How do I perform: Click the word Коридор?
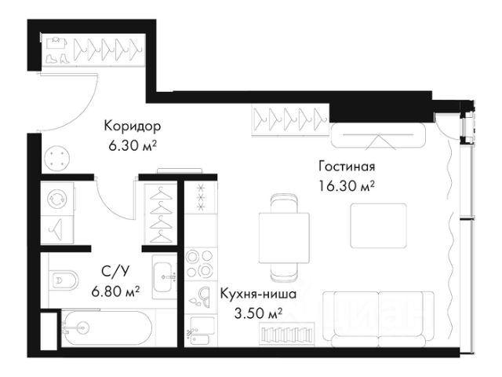(133, 126)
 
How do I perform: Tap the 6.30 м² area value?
(133, 146)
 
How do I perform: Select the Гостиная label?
(347, 167)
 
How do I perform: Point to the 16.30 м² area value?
(347, 185)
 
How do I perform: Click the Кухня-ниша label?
(258, 294)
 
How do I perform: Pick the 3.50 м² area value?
(258, 313)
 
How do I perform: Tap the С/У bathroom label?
(115, 272)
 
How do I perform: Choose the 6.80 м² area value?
(115, 291)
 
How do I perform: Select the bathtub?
(107, 328)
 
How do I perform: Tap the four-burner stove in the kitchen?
(201, 263)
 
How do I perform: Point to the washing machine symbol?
(57, 199)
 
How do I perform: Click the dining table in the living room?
(284, 238)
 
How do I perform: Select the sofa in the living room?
(378, 320)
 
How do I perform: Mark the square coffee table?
(378, 225)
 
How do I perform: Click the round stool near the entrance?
(57, 159)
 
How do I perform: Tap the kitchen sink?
(202, 330)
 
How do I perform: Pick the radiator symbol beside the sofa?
(287, 334)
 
